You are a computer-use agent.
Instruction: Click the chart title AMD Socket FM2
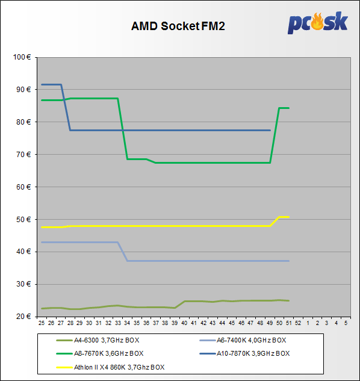pos(178,26)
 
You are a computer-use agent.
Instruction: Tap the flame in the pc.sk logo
pos(317,22)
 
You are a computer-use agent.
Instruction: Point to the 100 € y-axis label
pos(22,57)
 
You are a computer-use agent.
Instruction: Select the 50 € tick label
pos(23,220)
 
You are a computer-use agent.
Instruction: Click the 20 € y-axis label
pos(23,317)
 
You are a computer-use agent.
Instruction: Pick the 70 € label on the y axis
pos(23,154)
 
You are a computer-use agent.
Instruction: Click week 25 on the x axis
pos(42,323)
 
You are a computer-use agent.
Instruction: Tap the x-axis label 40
pos(184,323)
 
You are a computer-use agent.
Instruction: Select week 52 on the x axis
pos(298,323)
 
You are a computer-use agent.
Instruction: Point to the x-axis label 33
pos(117,323)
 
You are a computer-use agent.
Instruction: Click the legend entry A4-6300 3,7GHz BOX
pos(98,340)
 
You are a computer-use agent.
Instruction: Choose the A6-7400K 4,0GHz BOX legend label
pos(243,340)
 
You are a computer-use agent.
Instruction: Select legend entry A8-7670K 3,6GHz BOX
pos(100,353)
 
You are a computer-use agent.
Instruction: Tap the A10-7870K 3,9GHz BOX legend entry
pos(245,353)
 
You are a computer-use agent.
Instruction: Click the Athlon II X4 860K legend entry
pos(110,367)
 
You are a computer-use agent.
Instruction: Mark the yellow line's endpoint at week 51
pos(288,217)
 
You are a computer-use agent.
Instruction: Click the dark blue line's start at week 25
pos(42,84)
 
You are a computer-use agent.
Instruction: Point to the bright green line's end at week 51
pos(288,108)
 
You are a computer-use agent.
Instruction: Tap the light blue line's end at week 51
pos(288,261)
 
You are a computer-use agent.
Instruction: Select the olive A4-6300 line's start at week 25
pos(42,309)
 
